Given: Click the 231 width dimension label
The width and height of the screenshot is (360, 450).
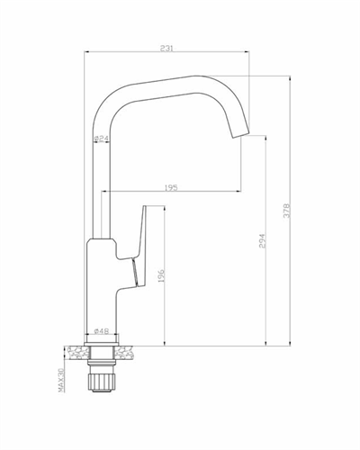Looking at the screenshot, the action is point(166,49).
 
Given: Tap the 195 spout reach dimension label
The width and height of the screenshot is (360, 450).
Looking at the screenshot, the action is point(171,188).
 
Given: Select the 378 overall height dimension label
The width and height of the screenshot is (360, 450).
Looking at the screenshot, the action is point(287,211).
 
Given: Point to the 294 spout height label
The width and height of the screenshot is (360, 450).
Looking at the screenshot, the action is point(262,240).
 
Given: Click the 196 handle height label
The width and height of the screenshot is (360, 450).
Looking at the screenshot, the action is point(161,275).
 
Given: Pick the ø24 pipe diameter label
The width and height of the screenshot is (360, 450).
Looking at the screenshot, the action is point(101,139).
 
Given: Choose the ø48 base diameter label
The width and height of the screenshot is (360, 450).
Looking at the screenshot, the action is point(102,331).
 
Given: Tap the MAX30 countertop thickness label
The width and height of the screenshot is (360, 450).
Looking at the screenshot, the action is point(61,380).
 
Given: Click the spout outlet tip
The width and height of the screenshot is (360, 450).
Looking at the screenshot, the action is point(241,135).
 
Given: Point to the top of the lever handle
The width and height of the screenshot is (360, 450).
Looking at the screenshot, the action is point(145,206).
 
